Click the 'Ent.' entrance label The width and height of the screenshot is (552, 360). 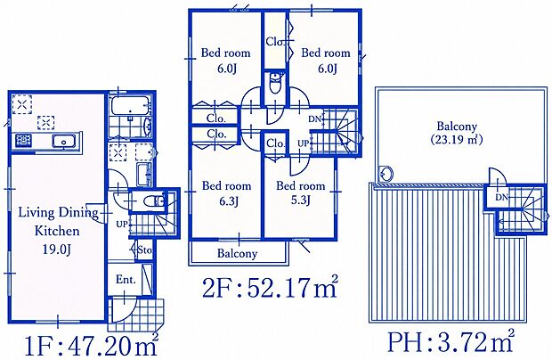[x=126, y=280]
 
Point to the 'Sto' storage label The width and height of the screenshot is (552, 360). [x=144, y=250]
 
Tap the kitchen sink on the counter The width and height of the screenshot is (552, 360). [x=64, y=142]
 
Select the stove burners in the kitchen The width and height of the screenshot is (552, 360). [x=23, y=141]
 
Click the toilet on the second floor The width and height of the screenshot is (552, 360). [x=275, y=84]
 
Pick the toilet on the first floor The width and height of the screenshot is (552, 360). [x=154, y=201]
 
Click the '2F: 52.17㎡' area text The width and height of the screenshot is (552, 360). [x=270, y=289]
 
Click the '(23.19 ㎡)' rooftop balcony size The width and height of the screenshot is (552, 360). [x=457, y=140]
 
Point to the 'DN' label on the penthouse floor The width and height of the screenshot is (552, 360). [x=502, y=198]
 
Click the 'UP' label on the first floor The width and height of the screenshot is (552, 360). [x=122, y=224]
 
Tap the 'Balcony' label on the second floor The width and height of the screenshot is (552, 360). [x=237, y=253]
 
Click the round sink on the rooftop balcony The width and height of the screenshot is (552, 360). [x=386, y=173]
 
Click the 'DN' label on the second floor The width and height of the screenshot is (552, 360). [x=315, y=119]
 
